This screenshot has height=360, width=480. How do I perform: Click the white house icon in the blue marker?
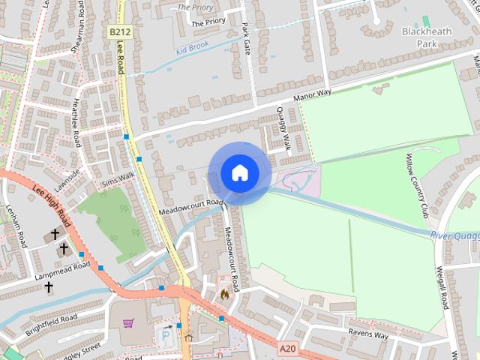(239, 172)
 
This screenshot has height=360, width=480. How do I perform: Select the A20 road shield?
(286, 349)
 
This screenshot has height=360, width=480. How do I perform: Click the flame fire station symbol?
(223, 295)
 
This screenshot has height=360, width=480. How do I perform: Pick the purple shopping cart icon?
(128, 324)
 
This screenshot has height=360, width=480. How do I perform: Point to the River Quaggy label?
(454, 236)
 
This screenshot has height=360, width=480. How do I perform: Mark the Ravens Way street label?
(368, 334)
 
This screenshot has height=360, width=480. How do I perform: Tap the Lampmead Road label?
(62, 272)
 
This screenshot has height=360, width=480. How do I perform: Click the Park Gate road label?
(245, 37)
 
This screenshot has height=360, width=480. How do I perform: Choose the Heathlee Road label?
(76, 126)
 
